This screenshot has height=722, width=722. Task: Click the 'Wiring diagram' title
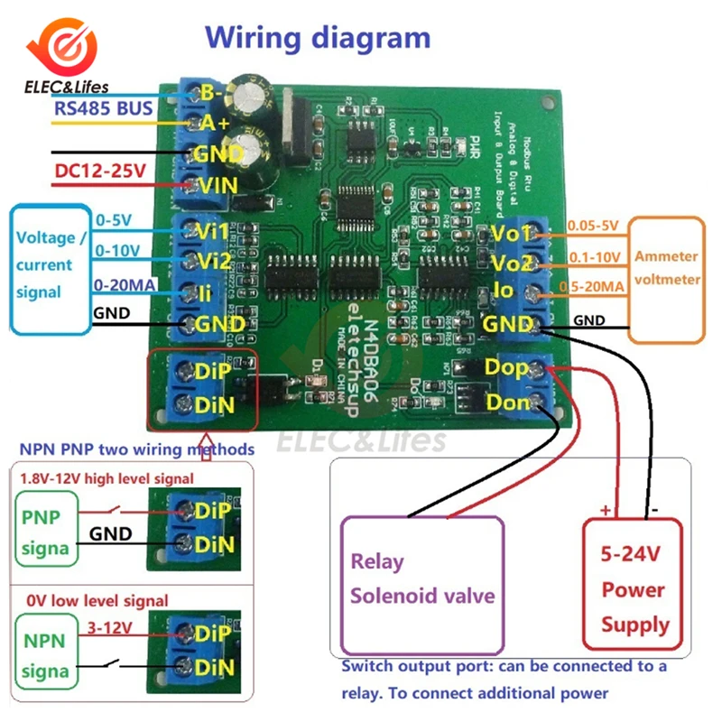click(x=318, y=38)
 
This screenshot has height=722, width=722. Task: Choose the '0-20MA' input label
click(x=125, y=285)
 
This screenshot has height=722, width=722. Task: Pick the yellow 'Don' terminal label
click(x=507, y=402)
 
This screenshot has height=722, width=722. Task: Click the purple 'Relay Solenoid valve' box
click(x=421, y=583)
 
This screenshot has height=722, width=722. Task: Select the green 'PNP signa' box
click(x=41, y=533)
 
